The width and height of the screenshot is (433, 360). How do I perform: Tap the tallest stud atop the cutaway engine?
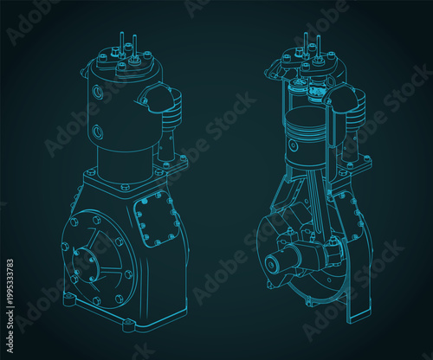306,42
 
